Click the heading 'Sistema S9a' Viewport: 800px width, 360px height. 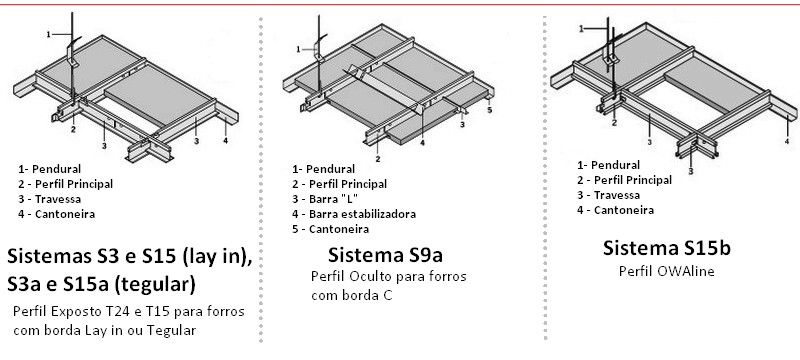pyautogui.click(x=385, y=254)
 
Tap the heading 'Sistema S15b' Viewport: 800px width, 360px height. pyautogui.click(x=666, y=248)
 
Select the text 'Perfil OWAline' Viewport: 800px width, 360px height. pyautogui.click(x=666, y=271)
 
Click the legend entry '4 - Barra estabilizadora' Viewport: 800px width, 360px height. pyautogui.click(x=354, y=214)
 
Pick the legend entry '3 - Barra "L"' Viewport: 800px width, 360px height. pyautogui.click(x=324, y=199)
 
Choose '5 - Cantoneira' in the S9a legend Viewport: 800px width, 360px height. pyautogui.click(x=330, y=229)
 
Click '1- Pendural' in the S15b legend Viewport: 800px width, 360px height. pyautogui.click(x=608, y=165)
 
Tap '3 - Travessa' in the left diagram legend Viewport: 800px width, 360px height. pyautogui.click(x=49, y=199)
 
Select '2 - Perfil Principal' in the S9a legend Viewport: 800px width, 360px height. pyautogui.click(x=339, y=184)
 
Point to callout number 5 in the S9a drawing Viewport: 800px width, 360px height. pyautogui.click(x=489, y=110)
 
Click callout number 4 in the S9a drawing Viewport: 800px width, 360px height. pyautogui.click(x=422, y=143)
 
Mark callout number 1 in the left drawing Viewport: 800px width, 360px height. pyautogui.click(x=48, y=34)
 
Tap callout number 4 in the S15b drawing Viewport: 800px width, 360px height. pyautogui.click(x=787, y=141)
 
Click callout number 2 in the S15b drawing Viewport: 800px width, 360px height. pyautogui.click(x=614, y=122)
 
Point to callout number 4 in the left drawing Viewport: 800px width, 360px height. pyautogui.click(x=226, y=140)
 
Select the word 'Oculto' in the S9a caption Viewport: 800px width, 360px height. pyautogui.click(x=369, y=277)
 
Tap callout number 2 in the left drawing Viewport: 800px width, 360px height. pyautogui.click(x=73, y=130)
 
